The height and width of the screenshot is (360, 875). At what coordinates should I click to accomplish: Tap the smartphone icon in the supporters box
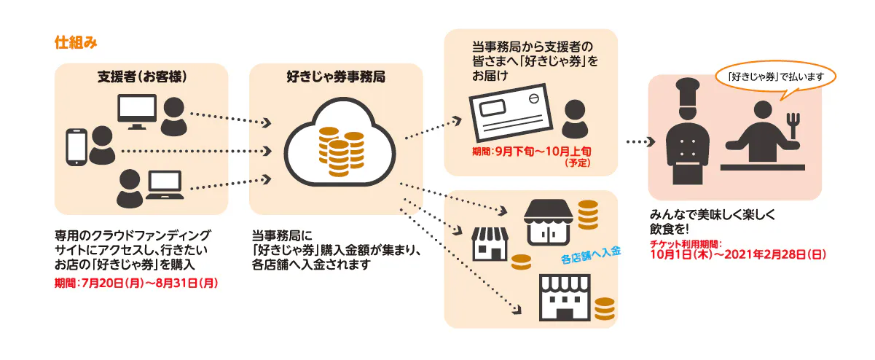coord(76,146)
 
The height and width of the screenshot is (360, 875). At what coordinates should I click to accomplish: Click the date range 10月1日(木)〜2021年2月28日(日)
coord(737,256)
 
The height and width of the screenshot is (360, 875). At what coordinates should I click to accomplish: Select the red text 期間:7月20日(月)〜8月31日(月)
coord(137,281)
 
